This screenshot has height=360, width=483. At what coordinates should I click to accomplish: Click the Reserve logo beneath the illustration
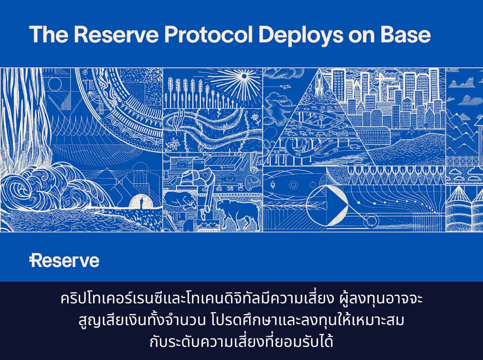click(65, 261)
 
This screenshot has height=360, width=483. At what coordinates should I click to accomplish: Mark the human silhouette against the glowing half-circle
click(140, 201)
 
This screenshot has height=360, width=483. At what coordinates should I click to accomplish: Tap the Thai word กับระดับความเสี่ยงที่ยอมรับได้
click(241, 343)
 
